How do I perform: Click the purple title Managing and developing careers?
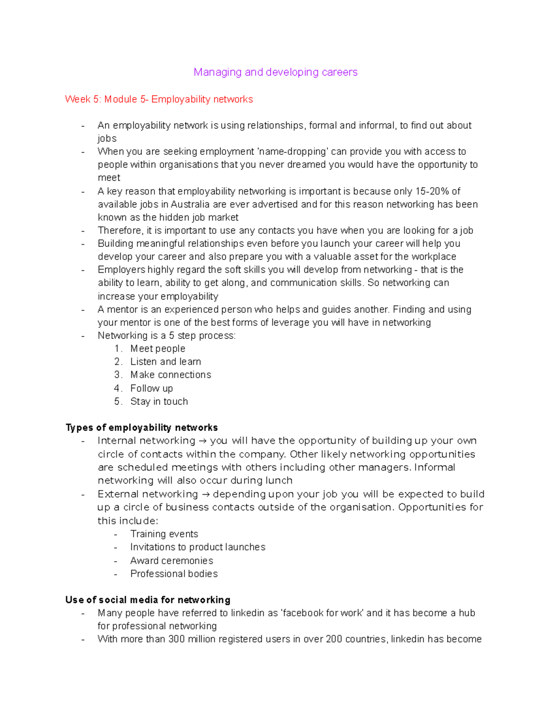[275, 72]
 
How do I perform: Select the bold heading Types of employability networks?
[142, 428]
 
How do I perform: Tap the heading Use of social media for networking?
[148, 600]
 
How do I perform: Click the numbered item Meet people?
[157, 349]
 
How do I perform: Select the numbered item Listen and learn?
[165, 362]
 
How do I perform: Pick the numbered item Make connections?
[170, 375]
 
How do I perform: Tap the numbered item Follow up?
[151, 388]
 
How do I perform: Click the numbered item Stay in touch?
[159, 402]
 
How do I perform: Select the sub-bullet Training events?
[164, 534]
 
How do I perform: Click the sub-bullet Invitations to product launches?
[197, 547]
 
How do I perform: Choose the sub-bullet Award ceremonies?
[171, 561]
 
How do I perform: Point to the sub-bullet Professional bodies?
[173, 574]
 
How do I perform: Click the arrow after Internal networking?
[203, 441]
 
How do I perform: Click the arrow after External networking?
[205, 494]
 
